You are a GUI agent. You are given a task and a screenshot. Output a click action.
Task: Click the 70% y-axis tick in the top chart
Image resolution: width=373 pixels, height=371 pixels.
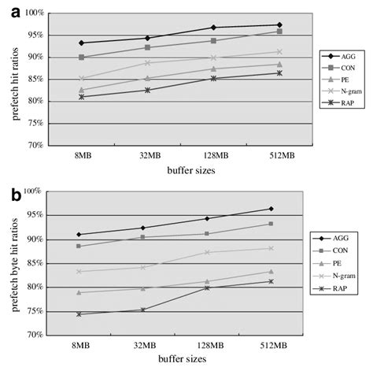36,146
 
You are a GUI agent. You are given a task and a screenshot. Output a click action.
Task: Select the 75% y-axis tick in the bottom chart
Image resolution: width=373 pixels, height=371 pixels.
36,311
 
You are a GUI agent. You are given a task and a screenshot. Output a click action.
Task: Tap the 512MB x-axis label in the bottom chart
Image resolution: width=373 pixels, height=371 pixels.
270,344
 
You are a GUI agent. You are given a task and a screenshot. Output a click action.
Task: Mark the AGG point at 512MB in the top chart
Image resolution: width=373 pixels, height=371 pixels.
270,25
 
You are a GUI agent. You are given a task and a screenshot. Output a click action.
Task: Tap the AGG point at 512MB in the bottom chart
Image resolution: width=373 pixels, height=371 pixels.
270,209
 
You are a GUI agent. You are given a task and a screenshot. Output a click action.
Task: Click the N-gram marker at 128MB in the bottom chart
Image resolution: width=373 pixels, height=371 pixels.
209,252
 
